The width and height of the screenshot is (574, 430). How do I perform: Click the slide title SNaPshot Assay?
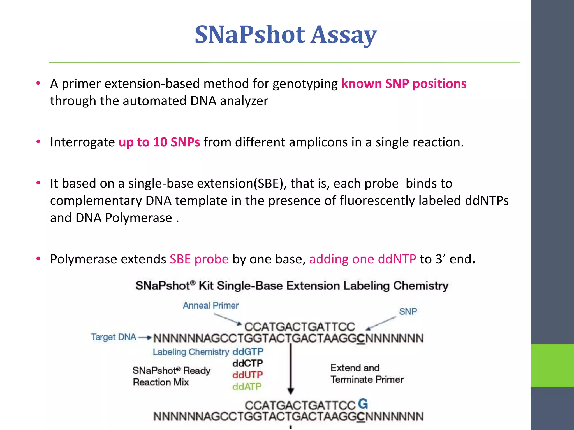(x=286, y=35)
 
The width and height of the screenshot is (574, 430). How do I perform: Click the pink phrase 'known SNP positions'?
(x=404, y=84)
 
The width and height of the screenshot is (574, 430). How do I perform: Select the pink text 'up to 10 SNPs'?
(x=159, y=142)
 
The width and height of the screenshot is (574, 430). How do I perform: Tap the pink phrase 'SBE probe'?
(x=199, y=259)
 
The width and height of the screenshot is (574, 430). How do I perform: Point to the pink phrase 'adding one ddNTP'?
(x=362, y=259)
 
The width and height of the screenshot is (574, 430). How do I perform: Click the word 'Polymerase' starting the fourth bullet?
(x=108, y=259)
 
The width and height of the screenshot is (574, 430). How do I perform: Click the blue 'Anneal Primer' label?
(x=210, y=305)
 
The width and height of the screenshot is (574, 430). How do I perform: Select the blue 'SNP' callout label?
(x=408, y=311)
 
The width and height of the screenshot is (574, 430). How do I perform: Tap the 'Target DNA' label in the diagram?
(x=114, y=337)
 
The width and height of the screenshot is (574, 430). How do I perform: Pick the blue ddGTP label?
(x=248, y=352)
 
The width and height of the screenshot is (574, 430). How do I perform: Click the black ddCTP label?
(x=247, y=363)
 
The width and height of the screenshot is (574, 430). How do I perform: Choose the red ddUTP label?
(x=247, y=375)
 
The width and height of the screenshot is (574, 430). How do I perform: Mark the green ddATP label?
(x=247, y=387)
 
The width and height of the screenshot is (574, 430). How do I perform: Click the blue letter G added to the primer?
(x=363, y=404)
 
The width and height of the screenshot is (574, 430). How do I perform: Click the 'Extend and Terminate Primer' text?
(x=367, y=374)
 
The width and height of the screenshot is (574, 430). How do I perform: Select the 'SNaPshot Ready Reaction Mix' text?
(x=171, y=376)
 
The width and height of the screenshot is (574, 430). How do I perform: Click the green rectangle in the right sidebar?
(x=552, y=365)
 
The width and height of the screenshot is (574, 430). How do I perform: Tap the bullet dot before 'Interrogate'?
(x=38, y=142)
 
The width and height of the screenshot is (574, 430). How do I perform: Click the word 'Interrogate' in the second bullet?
(x=82, y=142)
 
